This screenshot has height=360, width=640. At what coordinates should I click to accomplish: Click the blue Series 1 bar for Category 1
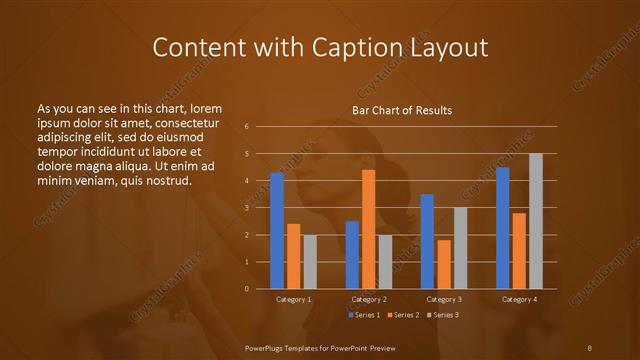pyautogui.click(x=277, y=230)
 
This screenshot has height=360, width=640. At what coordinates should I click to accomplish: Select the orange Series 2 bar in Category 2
pyautogui.click(x=368, y=229)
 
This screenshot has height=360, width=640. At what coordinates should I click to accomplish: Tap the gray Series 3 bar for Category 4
pyautogui.click(x=535, y=221)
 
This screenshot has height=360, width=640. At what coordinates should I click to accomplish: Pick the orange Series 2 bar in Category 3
pyautogui.click(x=443, y=264)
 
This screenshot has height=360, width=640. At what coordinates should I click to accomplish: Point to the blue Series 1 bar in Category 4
pyautogui.click(x=502, y=228)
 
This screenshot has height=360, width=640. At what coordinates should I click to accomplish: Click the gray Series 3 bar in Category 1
pyautogui.click(x=310, y=262)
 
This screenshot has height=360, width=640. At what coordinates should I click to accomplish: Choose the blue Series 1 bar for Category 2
pyautogui.click(x=352, y=255)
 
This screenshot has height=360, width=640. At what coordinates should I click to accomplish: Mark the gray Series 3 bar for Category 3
pyautogui.click(x=460, y=248)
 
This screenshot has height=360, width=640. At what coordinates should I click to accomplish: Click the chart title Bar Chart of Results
pyautogui.click(x=402, y=110)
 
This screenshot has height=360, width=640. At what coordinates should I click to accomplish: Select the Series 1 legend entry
pyautogui.click(x=363, y=315)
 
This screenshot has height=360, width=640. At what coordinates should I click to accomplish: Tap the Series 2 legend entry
pyautogui.click(x=402, y=315)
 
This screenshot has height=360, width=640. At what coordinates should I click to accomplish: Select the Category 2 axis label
pyautogui.click(x=368, y=299)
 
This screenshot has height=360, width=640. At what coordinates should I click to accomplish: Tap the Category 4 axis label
pyautogui.click(x=518, y=299)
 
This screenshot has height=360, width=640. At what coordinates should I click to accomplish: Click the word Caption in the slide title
pyautogui.click(x=345, y=47)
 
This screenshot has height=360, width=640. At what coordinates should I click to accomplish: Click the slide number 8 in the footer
pyautogui.click(x=589, y=347)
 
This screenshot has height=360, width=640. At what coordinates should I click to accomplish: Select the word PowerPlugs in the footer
pyautogui.click(x=267, y=347)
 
